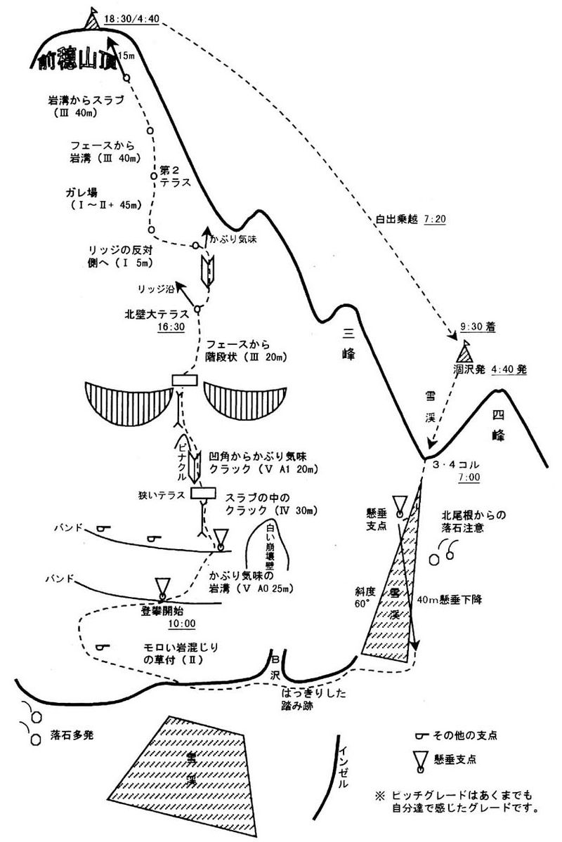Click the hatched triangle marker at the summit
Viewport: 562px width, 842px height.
coord(91,19)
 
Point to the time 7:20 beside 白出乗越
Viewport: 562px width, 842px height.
coord(436,219)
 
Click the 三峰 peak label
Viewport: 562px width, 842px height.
coord(349,344)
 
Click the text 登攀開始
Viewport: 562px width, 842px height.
coord(163,610)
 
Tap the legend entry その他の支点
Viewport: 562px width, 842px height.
coord(470,735)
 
